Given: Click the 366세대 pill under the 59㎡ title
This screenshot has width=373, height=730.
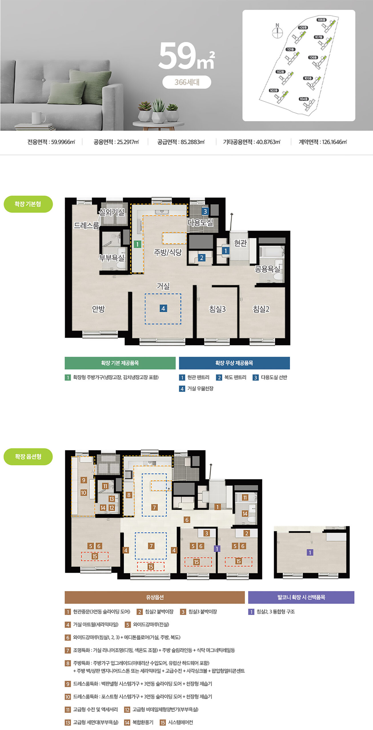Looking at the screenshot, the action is pos(187,82).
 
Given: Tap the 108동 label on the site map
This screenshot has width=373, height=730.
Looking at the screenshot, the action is pos(321,20).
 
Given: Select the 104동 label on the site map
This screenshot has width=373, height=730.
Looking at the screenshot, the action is pos(304,99).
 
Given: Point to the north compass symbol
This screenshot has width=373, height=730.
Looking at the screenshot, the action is pos(277,31).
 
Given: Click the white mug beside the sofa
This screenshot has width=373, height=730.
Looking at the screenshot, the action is pos(38,118).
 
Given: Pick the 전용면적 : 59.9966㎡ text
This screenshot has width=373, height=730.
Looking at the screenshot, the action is pos(51,142).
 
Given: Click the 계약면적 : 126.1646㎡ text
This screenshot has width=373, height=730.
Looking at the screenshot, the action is pos(323,142).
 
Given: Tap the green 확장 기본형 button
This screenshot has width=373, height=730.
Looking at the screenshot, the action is pos(28,204).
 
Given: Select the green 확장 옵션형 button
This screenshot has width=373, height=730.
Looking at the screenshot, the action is pos(28,457).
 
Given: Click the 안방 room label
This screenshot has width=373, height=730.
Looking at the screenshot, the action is pos(99,309).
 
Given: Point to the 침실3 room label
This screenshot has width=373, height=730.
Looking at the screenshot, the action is pos(217,309).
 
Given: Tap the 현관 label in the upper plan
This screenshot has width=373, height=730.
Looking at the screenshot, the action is pos(240,243).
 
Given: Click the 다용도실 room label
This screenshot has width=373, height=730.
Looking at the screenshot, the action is pos(200,222).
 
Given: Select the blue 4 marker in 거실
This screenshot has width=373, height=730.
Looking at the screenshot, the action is pos(163,308).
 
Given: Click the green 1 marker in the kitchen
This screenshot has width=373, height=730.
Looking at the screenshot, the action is pos(137,244).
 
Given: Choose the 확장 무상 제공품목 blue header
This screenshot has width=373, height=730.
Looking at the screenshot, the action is pos(234,363).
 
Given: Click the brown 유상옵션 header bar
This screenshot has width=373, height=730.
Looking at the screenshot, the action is pos(155,597).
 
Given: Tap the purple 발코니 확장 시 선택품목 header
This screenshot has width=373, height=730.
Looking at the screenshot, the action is pos(301,597).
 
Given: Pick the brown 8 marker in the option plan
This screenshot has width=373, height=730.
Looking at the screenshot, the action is pos(129,495).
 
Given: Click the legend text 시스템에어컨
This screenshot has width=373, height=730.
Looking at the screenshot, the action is pos(181,722).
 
